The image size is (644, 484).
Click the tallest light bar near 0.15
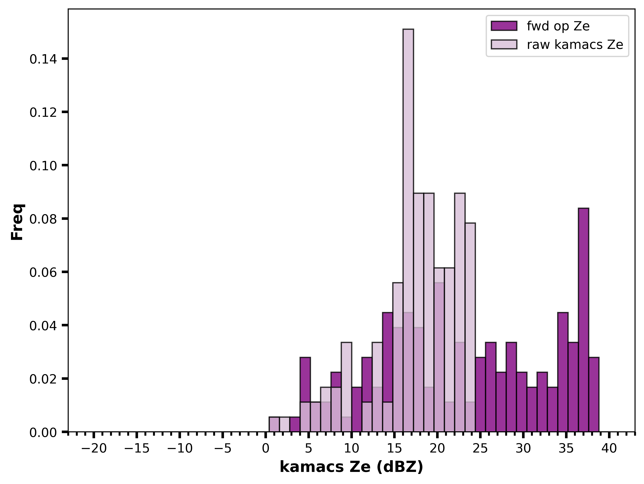[x=408, y=230]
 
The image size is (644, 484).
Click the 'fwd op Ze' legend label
[x=558, y=26]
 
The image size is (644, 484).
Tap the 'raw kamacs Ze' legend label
[x=575, y=45]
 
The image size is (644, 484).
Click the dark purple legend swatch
[x=504, y=26]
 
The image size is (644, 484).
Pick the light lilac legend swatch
[x=504, y=44]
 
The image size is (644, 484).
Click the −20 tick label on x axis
[x=94, y=449]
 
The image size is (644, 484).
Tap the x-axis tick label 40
[x=609, y=449]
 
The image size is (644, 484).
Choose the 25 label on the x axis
[x=480, y=449]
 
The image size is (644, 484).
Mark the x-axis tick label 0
[x=265, y=449]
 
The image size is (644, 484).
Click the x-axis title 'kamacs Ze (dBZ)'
[x=351, y=467]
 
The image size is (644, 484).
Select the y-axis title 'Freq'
[x=18, y=222]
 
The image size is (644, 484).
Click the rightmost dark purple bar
[x=594, y=394]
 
